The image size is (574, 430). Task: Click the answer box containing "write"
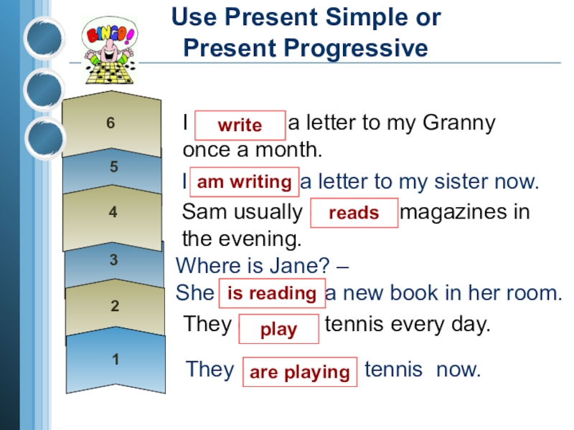coord(240,125)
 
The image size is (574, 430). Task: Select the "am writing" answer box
coord(244,182)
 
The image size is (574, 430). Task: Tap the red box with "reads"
coord(354,213)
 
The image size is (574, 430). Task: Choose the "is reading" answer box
coord(271,293)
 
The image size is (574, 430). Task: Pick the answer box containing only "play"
coord(278,329)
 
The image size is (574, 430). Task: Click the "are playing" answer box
coord(299,372)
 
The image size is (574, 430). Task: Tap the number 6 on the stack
coord(110,123)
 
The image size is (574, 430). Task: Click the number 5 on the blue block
coord(113,167)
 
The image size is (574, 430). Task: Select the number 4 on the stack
coord(113,212)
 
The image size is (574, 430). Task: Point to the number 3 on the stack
coord(113,260)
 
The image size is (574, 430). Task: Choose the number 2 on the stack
coord(114,307)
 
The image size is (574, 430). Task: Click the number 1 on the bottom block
coord(116,359)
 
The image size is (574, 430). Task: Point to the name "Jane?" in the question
coord(305,266)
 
